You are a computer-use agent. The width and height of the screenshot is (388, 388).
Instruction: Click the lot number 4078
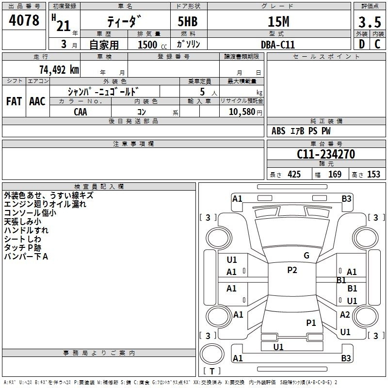24,21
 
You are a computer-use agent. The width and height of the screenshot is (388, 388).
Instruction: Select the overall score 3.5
369,23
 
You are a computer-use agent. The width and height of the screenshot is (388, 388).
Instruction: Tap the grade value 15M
278,22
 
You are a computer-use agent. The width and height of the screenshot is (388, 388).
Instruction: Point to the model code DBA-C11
278,45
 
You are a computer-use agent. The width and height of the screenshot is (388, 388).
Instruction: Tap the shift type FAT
14,101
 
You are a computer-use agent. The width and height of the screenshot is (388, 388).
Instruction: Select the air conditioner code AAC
37,101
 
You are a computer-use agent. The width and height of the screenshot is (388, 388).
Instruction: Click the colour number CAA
81,112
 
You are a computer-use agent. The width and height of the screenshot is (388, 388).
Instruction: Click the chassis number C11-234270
326,155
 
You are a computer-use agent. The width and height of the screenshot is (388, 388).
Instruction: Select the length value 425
294,175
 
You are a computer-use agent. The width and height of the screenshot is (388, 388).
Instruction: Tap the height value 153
373,175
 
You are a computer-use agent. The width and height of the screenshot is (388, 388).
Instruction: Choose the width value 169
335,175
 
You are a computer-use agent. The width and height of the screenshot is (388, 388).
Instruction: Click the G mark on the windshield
307,256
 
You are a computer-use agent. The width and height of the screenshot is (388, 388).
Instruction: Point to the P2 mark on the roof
292,270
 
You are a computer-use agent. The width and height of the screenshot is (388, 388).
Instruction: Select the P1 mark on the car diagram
311,323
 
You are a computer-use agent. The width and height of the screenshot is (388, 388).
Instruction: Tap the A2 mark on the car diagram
345,315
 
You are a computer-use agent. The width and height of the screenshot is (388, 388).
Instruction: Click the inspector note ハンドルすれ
26,230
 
